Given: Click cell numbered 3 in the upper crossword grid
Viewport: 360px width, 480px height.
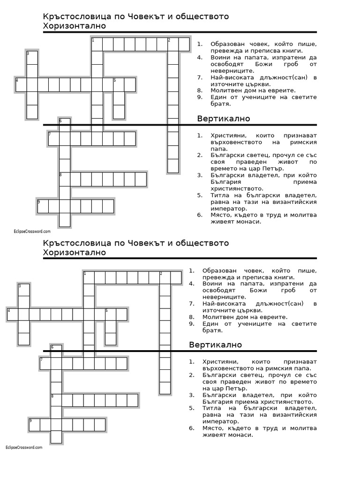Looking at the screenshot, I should tap(32, 58).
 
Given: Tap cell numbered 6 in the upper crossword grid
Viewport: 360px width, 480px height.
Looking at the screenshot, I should tap(65, 125).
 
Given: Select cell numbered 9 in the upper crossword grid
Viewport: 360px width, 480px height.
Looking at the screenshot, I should tap(43, 206).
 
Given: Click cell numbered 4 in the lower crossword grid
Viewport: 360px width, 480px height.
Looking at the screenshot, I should tap(13, 315).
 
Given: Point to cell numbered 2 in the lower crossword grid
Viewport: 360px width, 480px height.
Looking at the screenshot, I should tap(165, 277).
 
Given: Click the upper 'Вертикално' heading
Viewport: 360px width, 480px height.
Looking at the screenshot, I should tap(224, 119).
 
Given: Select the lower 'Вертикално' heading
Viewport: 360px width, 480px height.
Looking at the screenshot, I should tap(216, 345).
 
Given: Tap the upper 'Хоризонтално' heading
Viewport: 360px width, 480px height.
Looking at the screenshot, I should tap(75, 26).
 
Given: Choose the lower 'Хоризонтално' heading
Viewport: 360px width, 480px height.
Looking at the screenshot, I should tap(75, 253).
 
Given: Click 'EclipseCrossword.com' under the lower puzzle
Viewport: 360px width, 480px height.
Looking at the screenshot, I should tap(24, 448).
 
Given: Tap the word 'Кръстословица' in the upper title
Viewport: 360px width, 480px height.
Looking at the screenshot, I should tap(71, 16).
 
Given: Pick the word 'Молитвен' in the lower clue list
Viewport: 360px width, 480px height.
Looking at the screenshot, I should tap(218, 317).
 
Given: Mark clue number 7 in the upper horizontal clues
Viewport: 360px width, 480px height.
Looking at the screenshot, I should tap(200, 77).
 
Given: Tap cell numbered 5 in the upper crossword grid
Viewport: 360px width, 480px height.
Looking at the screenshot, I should tap(119, 85).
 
